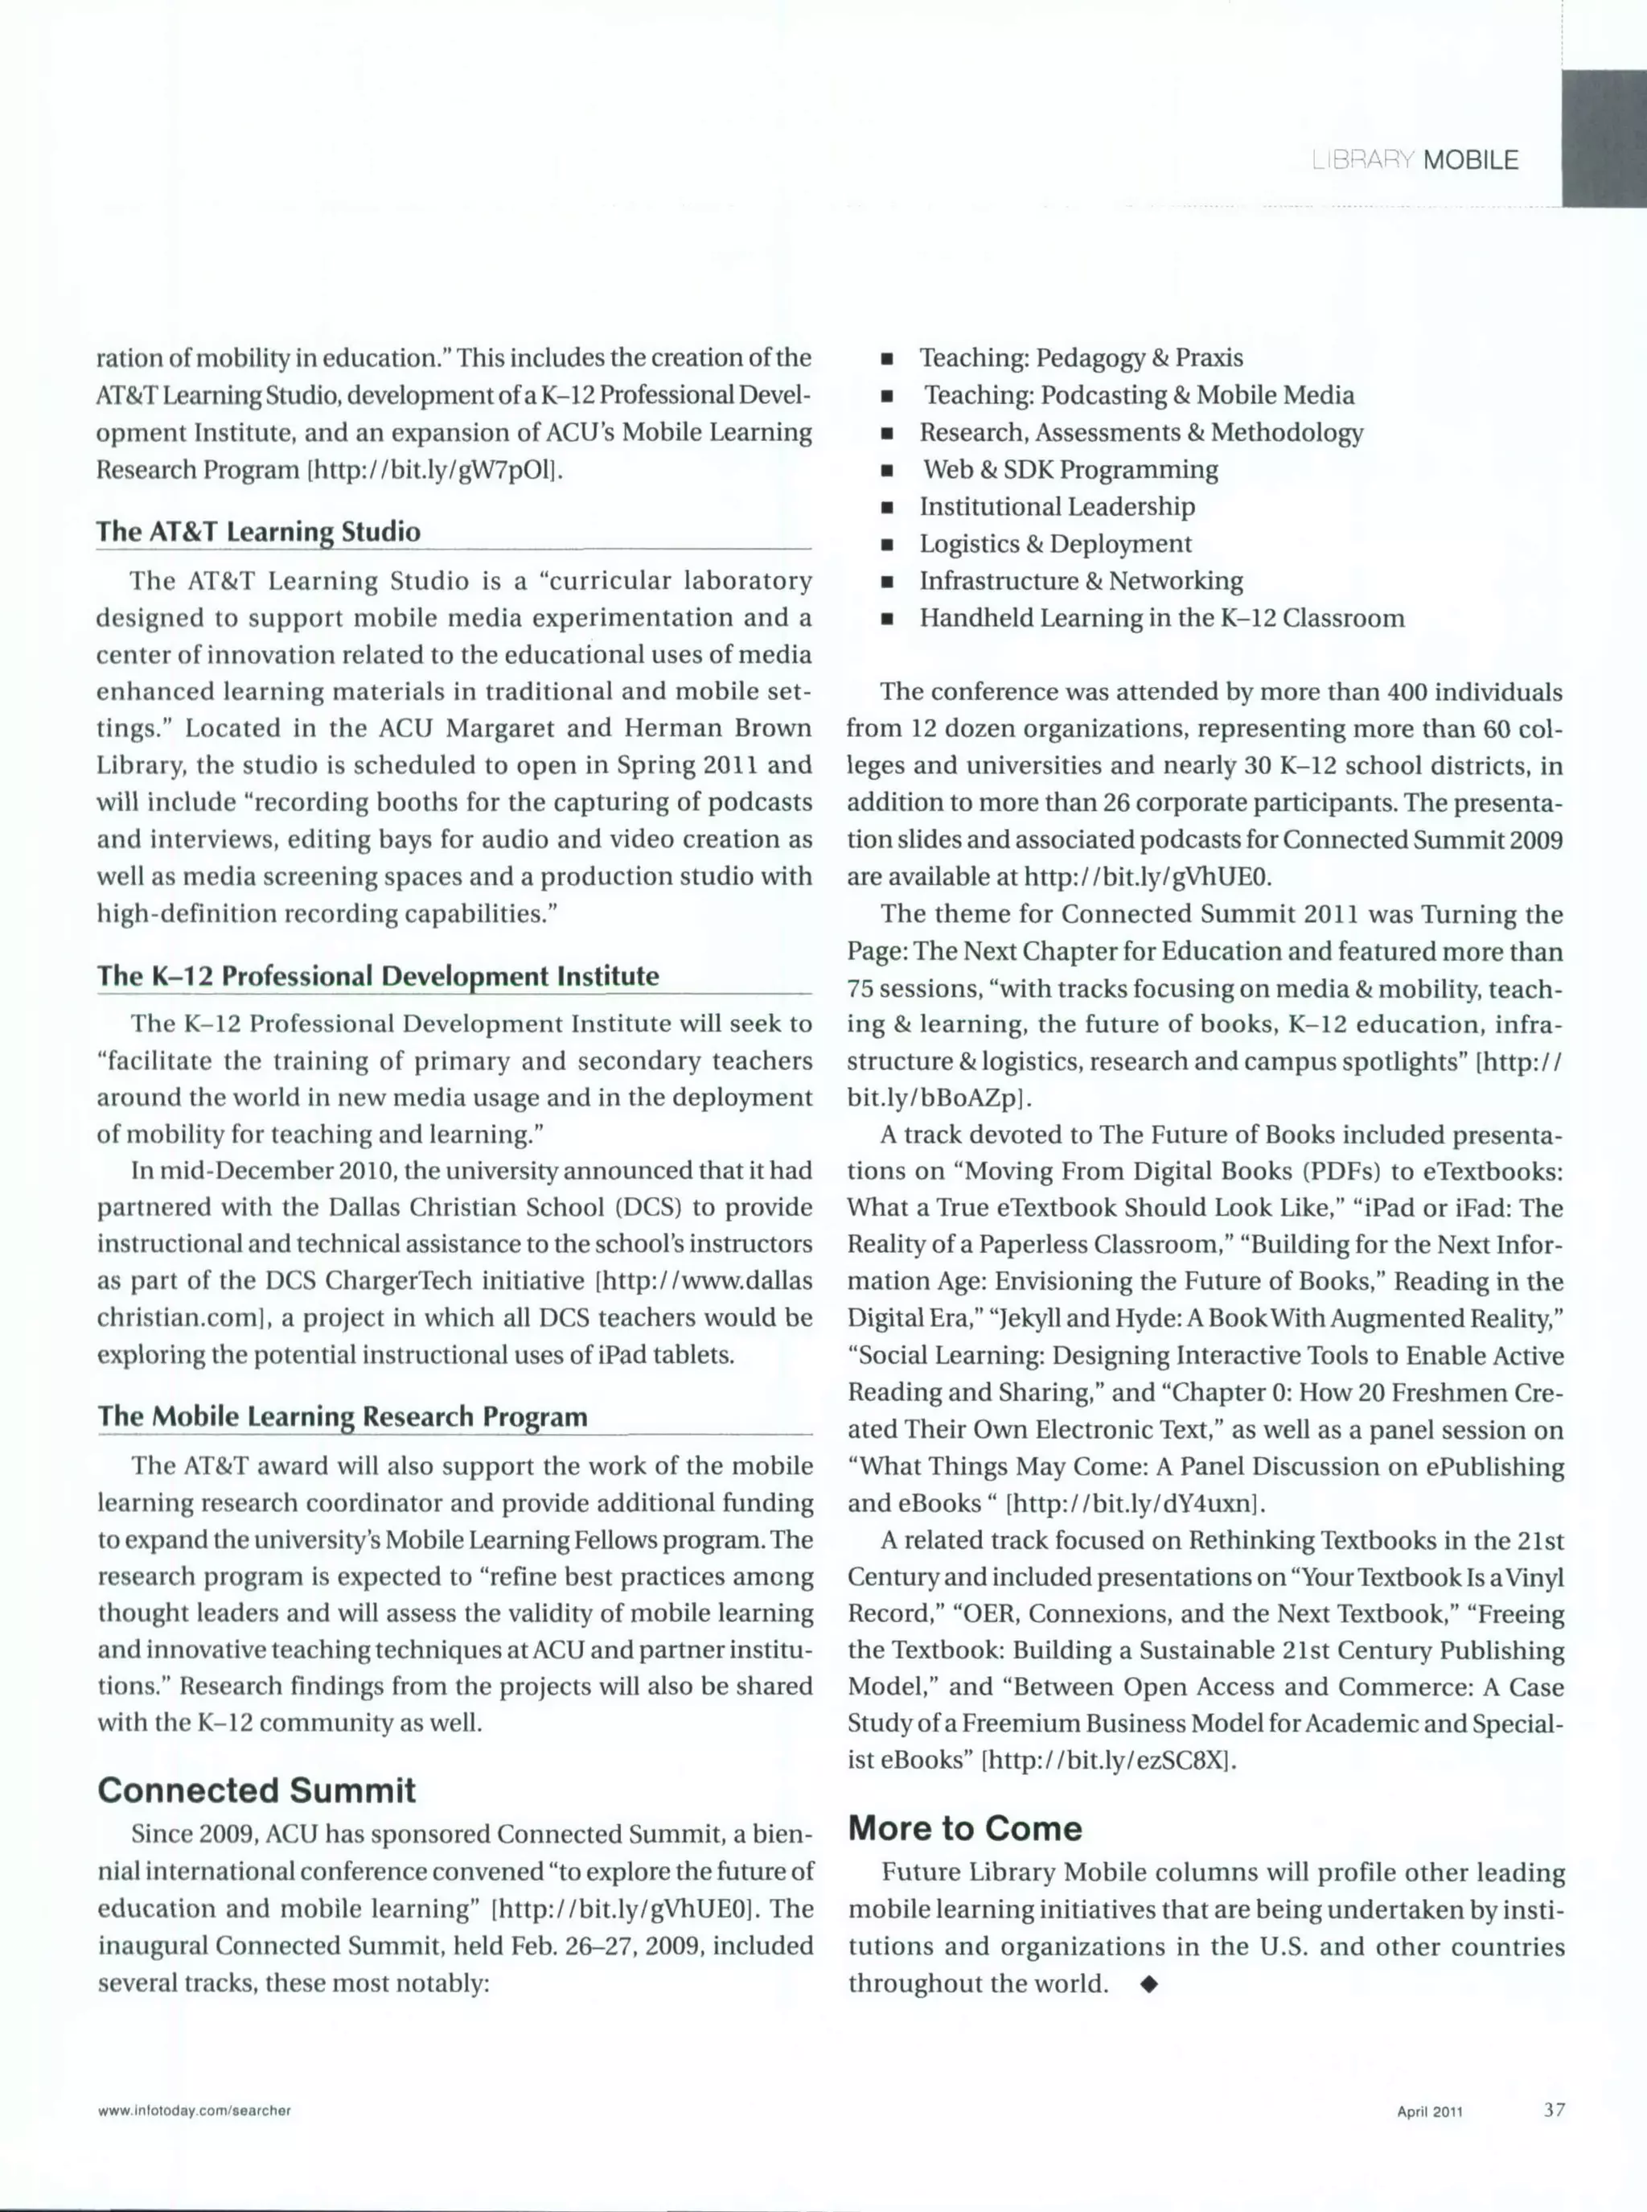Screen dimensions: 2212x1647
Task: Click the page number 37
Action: (x=1553, y=2108)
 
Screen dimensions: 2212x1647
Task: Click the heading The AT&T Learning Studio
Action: (x=257, y=532)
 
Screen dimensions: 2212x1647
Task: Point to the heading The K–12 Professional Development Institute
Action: (x=377, y=975)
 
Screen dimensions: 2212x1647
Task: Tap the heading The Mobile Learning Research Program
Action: (x=342, y=1416)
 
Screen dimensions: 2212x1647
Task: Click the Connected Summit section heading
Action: (x=257, y=1790)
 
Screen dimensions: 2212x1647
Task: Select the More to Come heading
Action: (x=964, y=1828)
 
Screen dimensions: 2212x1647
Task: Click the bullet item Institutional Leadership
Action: (x=1056, y=507)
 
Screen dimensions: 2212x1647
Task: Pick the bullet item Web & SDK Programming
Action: (x=1069, y=470)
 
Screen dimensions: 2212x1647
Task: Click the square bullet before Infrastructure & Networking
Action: (x=885, y=583)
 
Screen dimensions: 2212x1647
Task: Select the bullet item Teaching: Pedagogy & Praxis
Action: (x=1080, y=358)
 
